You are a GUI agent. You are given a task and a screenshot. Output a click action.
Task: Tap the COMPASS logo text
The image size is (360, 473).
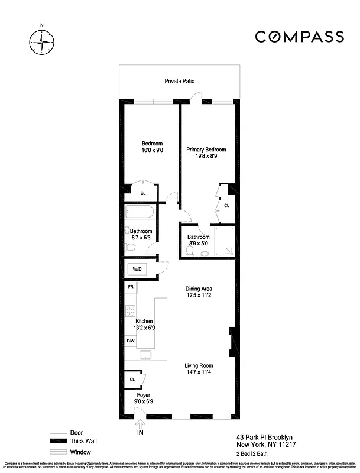coord(299,37)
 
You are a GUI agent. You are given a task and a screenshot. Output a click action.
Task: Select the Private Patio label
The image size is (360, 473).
coord(179,81)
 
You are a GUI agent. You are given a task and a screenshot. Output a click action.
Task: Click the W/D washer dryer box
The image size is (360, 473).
coord(137,269)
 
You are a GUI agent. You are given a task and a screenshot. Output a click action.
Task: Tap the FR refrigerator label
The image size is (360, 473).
coord(131,287)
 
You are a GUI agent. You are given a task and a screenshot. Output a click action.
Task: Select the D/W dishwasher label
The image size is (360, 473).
coord(131,341)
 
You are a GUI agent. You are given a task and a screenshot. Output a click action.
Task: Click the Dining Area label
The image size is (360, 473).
coord(198,289)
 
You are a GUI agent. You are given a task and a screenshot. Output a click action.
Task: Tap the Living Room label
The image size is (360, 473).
coord(198,365)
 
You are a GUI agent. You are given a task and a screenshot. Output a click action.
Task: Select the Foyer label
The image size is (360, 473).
coord(143,394)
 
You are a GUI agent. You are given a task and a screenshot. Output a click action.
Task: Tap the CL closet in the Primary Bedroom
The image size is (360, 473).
coord(226,205)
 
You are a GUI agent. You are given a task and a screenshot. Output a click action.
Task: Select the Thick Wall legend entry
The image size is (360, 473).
coord(83,441)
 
